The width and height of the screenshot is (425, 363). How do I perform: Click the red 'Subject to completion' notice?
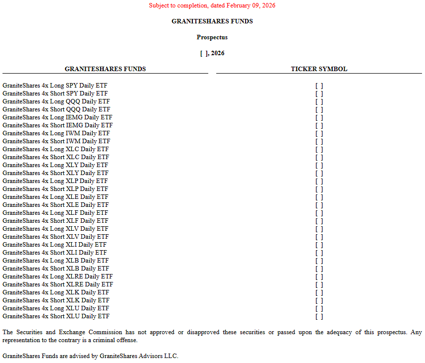(212, 5)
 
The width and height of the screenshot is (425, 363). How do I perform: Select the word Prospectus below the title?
(212, 37)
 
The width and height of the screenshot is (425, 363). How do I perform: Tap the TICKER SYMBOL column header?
(319, 69)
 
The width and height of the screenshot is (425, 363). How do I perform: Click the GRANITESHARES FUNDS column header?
(105, 69)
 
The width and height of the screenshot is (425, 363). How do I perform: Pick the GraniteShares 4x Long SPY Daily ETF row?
(55, 86)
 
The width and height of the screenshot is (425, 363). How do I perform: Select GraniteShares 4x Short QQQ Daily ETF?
(56, 109)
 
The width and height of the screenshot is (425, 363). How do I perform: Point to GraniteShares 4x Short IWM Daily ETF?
(56, 141)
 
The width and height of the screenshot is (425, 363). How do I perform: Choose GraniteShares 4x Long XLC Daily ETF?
(55, 149)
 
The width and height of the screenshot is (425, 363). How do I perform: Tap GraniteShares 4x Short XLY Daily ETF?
(55, 173)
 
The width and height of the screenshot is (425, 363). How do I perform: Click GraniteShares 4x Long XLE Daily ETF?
(55, 197)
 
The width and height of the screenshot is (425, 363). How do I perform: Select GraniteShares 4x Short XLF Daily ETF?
(55, 221)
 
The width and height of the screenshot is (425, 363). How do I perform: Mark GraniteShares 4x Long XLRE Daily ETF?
(57, 276)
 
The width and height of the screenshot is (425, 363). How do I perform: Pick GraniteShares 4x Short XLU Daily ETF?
(56, 316)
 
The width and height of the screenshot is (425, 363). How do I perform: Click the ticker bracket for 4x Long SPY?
(319, 86)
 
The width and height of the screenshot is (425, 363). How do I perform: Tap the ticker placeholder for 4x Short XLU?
(319, 316)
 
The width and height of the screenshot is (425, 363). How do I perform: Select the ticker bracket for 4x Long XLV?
(319, 229)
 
